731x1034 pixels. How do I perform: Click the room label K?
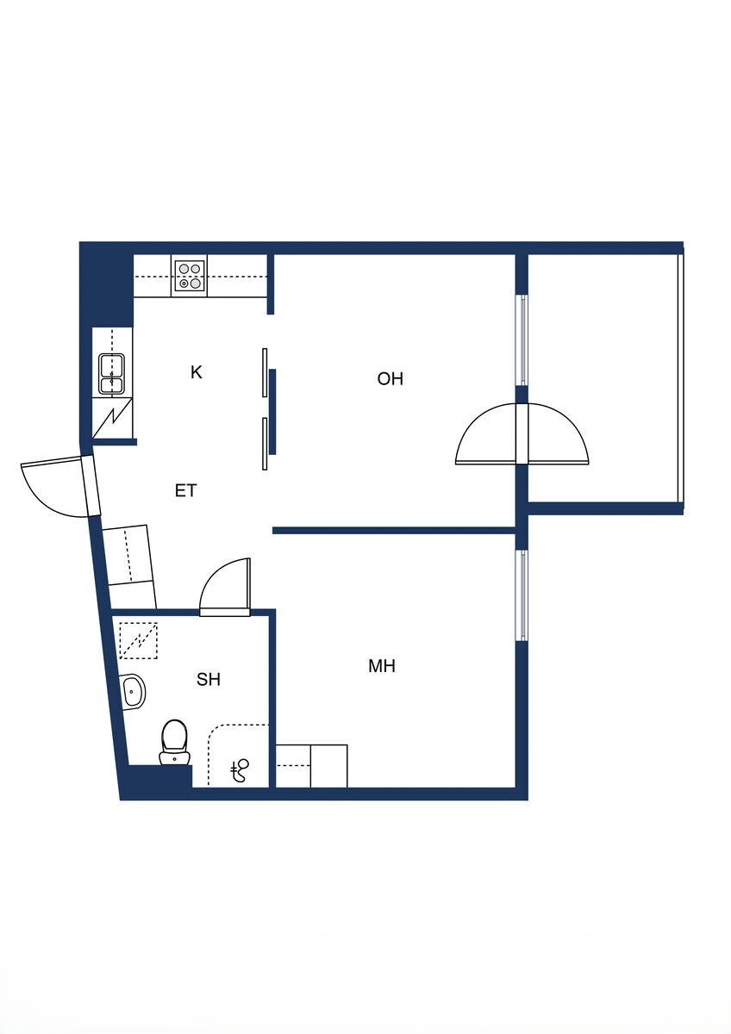coord(197,372)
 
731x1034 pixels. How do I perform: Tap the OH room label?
coord(390,378)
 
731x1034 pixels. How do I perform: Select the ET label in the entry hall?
coord(186,491)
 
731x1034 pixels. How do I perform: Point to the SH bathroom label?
coord(209,679)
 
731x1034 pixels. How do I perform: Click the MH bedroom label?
coord(382,666)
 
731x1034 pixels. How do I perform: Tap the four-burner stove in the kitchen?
coord(190,275)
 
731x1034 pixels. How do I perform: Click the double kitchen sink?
coord(111,374)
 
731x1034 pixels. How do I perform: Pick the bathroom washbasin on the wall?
coord(133,690)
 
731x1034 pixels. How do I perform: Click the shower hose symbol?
coord(240,769)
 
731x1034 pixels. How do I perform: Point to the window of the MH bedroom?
coord(522,595)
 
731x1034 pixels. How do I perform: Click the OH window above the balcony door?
coord(522,339)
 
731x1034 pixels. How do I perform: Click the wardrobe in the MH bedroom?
coord(311,766)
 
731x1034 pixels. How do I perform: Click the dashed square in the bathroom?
coord(139,640)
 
